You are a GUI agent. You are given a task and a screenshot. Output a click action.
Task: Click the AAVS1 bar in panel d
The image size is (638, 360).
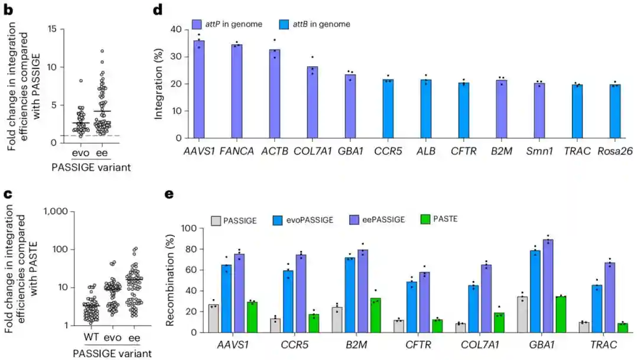pos(200,89)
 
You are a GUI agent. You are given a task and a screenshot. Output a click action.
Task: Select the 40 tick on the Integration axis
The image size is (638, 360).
pos(176,30)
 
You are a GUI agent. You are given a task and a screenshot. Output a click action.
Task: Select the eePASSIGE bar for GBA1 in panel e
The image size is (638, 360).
pos(549,286)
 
